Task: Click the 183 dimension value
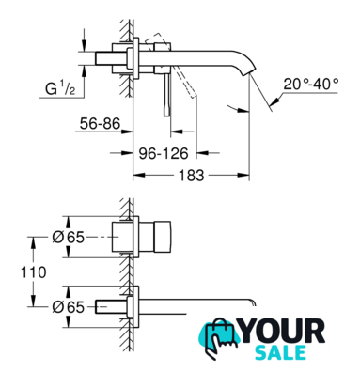tap(191, 176)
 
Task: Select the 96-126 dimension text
tap(164, 153)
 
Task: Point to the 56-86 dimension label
tap(100, 124)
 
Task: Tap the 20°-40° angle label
tap(311, 84)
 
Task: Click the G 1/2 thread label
tap(60, 89)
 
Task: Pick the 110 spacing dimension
tap(34, 272)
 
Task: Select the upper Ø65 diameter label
tap(69, 238)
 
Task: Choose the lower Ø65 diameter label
tap(69, 307)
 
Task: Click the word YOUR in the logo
tap(283, 331)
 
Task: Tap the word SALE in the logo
tap(280, 352)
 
